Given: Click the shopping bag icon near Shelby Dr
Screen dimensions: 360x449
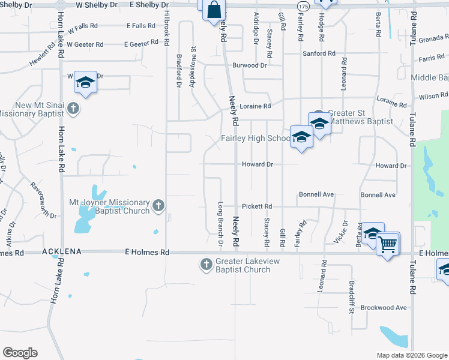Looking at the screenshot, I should click(214, 10).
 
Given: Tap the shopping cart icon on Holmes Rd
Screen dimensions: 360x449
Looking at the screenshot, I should click(388, 244).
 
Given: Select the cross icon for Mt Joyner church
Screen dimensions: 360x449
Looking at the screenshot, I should click(158, 206).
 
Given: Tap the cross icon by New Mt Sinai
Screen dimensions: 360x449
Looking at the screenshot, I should click(73, 109).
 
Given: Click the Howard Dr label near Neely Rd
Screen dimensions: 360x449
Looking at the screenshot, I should click(258, 164).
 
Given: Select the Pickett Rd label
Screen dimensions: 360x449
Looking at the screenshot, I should click(258, 206).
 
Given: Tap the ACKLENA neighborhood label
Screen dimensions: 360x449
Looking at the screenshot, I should click(61, 253).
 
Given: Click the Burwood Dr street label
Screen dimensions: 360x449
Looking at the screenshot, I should click(249, 65).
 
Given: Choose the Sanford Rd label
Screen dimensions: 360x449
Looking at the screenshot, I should click(319, 53).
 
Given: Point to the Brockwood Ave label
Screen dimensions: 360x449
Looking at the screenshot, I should click(384, 307).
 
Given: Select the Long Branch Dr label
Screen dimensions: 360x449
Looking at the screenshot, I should click(220, 224).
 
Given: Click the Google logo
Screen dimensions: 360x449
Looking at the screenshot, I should click(20, 353).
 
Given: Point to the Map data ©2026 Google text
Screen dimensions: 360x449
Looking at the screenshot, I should click(411, 355).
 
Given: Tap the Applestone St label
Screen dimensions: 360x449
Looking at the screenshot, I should click(193, 67).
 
